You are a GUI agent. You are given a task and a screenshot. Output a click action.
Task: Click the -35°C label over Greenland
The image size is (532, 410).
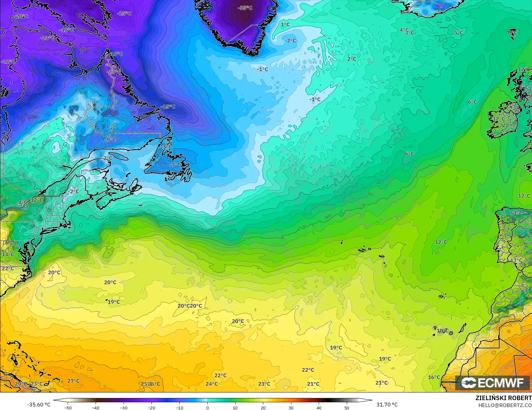tap(245, 8)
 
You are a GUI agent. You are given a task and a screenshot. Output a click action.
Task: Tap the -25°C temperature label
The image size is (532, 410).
tap(124, 13)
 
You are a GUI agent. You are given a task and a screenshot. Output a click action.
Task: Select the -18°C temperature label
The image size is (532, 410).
tap(66, 30)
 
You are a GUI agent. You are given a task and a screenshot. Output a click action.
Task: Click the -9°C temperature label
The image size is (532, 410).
tap(110, 140)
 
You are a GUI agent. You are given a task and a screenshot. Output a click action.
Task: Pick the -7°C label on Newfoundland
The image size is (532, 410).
tap(175, 165)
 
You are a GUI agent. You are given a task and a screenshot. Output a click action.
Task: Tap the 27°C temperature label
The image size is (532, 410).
tap(73, 381)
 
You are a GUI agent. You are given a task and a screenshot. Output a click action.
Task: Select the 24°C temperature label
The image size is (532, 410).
tap(211, 384)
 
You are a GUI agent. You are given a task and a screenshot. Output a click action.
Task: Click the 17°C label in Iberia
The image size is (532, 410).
tap(516, 261)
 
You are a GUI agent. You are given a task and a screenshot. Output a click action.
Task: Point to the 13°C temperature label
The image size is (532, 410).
tap(8, 254)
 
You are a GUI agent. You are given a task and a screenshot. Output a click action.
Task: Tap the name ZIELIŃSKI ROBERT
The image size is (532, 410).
tap(503, 398)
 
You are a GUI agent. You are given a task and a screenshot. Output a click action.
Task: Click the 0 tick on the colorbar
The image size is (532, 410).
tap(207, 407)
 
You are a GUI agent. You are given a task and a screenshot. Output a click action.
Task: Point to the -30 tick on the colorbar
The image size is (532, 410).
tap(124, 407)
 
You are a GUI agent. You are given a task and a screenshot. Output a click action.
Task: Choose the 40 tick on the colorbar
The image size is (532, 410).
tap(319, 407)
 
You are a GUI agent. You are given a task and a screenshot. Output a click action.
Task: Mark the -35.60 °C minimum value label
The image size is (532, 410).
tap(39, 405)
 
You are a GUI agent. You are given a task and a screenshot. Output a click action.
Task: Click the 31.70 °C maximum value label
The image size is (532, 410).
tap(387, 405)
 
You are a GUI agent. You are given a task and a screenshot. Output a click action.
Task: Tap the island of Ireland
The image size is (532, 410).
tap(504, 120)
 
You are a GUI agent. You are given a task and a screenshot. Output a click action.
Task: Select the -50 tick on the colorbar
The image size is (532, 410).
tap(68, 407)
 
